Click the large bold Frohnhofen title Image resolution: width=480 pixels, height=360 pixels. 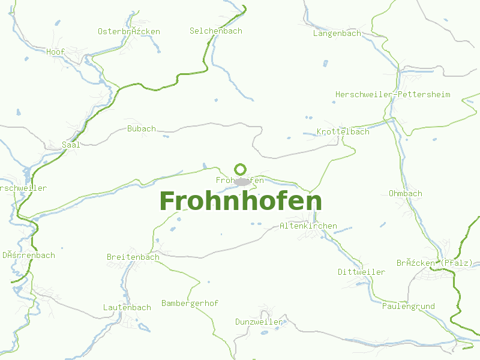(x=241, y=202)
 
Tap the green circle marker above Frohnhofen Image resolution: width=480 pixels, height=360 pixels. (x=241, y=169)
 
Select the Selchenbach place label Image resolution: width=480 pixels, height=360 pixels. (x=216, y=31)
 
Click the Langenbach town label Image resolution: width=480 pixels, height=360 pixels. (x=337, y=34)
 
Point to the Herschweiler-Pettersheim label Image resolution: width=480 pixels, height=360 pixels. (x=393, y=95)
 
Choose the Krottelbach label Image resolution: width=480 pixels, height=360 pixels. (x=343, y=131)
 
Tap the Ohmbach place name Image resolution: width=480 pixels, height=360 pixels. (x=406, y=194)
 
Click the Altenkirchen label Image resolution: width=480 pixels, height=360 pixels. (x=308, y=226)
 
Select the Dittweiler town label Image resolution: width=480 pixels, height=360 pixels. (x=361, y=272)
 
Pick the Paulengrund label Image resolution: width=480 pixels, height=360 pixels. (x=409, y=307)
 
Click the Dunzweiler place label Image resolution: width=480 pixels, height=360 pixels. (x=259, y=322)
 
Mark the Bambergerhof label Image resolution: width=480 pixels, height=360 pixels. (x=190, y=304)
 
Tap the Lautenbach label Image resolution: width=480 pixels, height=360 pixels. (x=127, y=308)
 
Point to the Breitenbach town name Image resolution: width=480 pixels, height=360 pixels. (x=133, y=257)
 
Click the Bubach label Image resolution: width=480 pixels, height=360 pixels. (x=142, y=128)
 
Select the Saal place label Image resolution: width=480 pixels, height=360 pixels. (x=71, y=145)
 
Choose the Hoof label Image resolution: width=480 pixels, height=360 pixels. (x=56, y=52)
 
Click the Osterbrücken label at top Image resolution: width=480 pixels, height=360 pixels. (x=129, y=31)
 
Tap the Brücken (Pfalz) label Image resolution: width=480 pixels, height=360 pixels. (x=435, y=263)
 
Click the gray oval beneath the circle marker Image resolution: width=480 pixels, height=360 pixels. (x=242, y=181)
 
